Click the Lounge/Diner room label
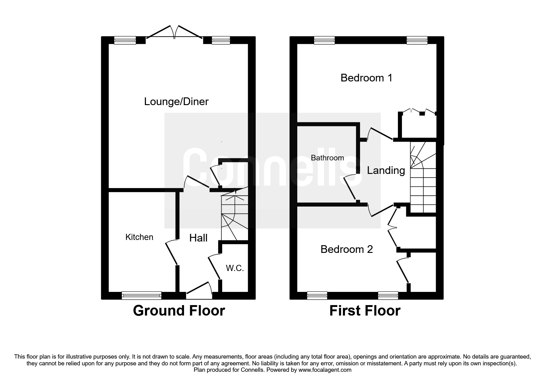pyautogui.click(x=176, y=101)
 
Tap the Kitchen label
pyautogui.click(x=139, y=237)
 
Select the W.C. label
pyautogui.click(x=235, y=268)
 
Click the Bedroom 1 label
pyautogui.click(x=366, y=78)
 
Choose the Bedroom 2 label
pyautogui.click(x=347, y=249)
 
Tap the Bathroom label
pyautogui.click(x=327, y=158)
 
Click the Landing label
pyautogui.click(x=386, y=170)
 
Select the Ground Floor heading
pyautogui.click(x=179, y=311)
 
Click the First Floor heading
pyautogui.click(x=365, y=311)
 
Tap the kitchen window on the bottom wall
pyautogui.click(x=142, y=296)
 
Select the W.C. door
pyautogui.click(x=214, y=267)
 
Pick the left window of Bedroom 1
pyautogui.click(x=324, y=40)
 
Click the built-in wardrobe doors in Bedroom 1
pyautogui.click(x=418, y=112)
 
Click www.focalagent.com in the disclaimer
pyautogui.click(x=325, y=370)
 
